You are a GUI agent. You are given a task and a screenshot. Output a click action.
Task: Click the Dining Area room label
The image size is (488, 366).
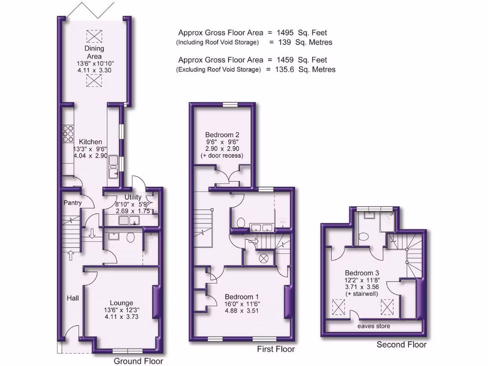coord(94,52)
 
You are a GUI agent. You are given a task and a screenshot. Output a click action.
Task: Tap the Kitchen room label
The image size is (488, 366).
coord(91,142)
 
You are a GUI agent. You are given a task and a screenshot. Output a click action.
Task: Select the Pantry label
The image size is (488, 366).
coord(72,203)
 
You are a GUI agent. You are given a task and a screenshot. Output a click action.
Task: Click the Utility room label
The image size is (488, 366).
coord(133,197)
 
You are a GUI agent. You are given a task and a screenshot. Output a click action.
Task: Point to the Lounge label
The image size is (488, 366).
coord(121,303)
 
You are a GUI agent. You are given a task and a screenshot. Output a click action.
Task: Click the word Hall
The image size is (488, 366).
coord(72,298)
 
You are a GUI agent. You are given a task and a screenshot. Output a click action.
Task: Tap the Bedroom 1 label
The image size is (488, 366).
coord(242,296)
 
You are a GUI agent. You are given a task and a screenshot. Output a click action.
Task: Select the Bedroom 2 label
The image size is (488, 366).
coord(222,134)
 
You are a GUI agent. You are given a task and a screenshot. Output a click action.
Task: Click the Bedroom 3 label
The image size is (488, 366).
coord(364,273)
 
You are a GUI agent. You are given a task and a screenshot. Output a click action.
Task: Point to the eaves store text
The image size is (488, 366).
coord(374,326)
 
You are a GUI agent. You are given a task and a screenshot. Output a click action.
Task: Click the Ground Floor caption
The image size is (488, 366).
coord(138,361)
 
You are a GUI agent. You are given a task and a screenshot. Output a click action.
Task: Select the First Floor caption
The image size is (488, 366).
coord(276,349)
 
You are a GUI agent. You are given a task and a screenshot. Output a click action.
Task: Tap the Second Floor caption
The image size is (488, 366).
coord(401,345)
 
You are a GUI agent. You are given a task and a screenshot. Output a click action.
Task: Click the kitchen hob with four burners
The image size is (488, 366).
coord(67,133)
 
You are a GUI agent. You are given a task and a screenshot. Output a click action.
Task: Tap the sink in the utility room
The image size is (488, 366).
coord(129,220)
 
